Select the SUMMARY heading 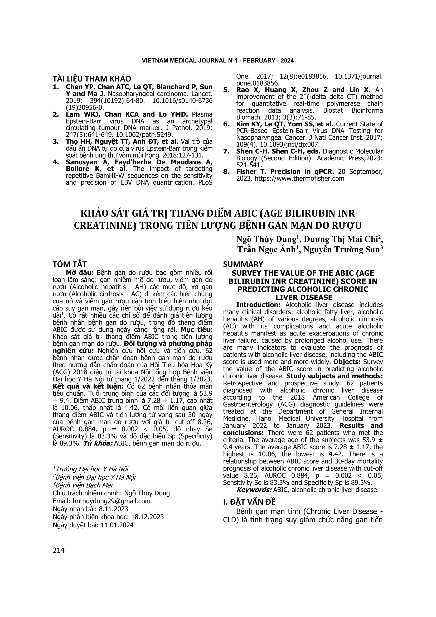point(243,264)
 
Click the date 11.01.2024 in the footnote point(117,525)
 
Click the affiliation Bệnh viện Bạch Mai point(84,485)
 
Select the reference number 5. point(226,90)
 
